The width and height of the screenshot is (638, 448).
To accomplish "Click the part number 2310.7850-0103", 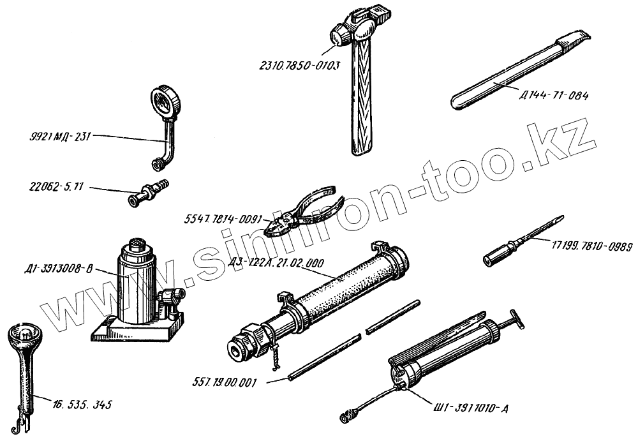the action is pyautogui.click(x=299, y=64).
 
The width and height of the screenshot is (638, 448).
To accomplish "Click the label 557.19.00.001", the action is pyautogui.click(x=224, y=383).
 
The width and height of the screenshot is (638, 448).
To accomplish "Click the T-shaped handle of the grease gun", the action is pyautogui.click(x=517, y=319).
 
